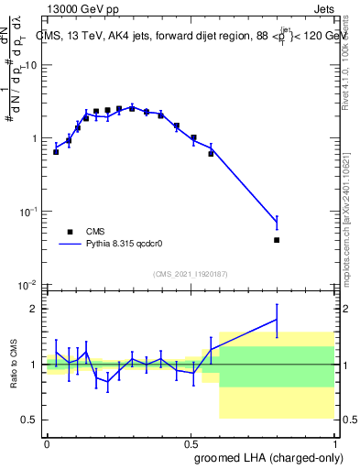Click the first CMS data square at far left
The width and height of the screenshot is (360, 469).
point(56,152)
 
